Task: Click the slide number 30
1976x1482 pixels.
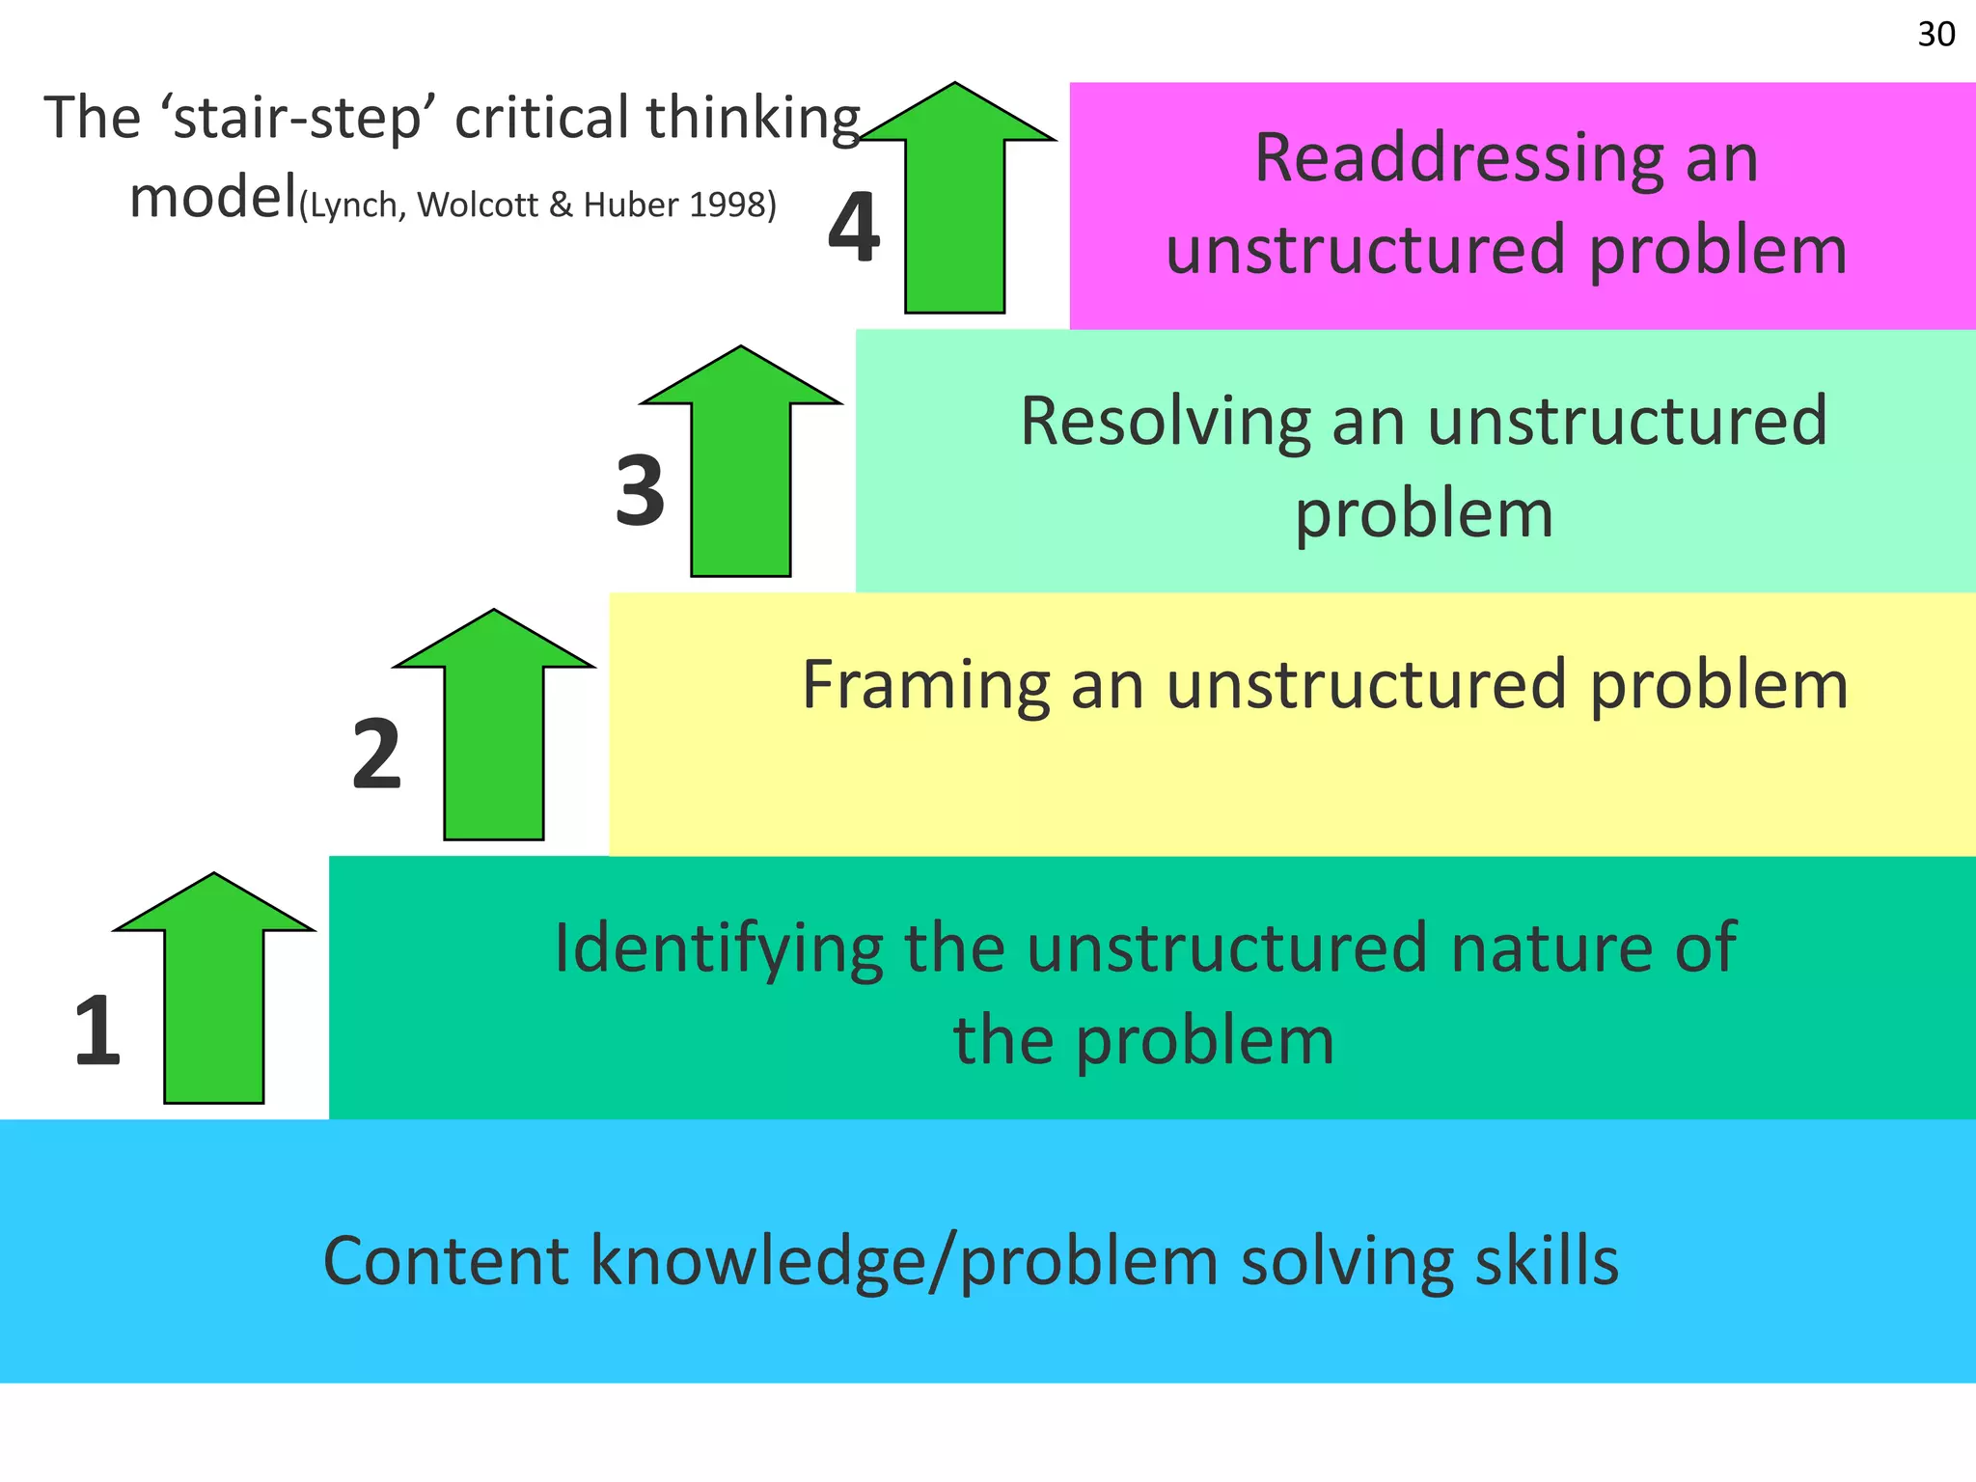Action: point(1935,35)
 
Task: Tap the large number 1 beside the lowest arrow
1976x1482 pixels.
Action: point(97,1031)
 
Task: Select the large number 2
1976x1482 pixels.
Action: point(376,755)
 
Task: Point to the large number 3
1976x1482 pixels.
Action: point(640,491)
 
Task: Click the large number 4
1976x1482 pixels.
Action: point(854,228)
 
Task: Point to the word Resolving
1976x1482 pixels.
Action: point(1165,422)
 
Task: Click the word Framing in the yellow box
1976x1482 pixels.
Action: point(925,685)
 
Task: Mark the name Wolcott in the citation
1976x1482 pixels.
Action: point(478,205)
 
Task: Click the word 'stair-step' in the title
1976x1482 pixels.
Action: point(296,118)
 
